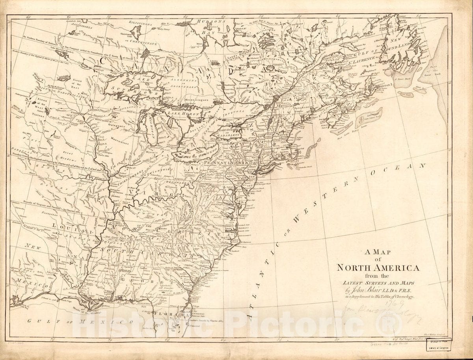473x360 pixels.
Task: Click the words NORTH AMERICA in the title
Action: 378,268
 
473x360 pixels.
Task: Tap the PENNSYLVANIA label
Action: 227,162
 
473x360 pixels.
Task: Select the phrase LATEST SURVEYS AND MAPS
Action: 378,283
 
